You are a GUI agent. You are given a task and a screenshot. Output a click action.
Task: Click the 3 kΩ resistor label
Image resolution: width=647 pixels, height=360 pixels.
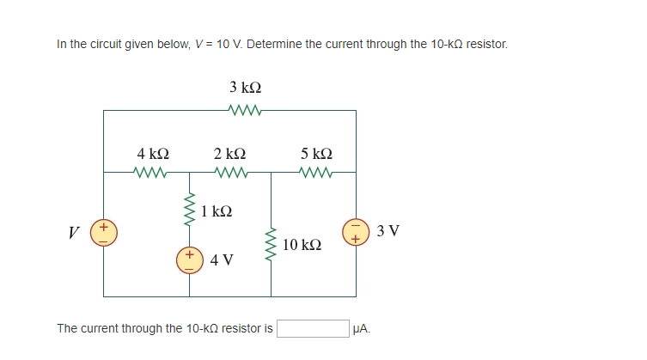tap(246, 88)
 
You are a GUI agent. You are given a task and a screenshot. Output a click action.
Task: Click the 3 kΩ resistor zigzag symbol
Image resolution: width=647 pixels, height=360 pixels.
tap(246, 110)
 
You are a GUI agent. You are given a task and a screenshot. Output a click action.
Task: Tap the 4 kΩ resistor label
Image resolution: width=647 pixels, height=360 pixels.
tap(153, 153)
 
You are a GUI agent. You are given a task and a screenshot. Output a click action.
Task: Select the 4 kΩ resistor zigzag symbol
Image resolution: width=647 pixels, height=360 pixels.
tap(153, 172)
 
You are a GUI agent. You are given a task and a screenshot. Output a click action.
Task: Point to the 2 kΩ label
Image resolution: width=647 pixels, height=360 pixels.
tap(230, 153)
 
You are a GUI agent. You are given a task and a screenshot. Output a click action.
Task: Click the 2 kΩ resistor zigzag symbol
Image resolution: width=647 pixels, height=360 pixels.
tap(230, 172)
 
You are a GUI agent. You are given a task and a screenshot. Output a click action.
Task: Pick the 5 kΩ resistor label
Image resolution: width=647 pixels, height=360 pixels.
tap(316, 153)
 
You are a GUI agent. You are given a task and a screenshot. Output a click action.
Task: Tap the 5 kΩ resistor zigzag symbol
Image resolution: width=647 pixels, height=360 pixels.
tap(316, 172)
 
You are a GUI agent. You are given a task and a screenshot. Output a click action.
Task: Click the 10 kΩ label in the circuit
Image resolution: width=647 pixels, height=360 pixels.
tap(302, 246)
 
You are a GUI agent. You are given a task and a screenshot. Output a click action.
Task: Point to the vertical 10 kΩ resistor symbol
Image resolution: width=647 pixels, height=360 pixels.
tap(272, 243)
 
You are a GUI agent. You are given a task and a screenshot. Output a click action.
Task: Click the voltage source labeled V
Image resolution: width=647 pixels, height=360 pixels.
tap(104, 234)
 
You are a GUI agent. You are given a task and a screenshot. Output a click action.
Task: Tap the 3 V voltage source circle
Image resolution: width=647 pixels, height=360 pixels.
tap(356, 232)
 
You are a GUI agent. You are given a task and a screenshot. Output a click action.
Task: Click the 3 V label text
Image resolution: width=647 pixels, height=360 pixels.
tap(388, 232)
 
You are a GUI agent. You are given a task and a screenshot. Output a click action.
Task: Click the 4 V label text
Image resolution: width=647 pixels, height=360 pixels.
tap(222, 260)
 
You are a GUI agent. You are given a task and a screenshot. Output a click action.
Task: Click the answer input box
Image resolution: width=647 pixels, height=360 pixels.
tap(312, 328)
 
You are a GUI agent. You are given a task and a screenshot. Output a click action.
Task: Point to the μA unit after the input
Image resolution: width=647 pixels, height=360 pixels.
tap(362, 328)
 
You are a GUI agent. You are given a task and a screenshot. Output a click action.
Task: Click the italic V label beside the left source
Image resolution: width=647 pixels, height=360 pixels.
tap(76, 234)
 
